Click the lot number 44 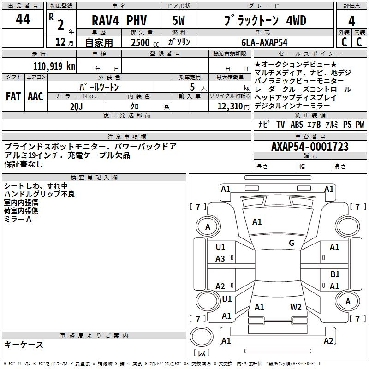[23, 20]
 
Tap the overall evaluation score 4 [352, 21]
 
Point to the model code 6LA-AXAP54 [264, 42]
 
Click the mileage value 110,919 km [54, 66]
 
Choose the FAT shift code [13, 96]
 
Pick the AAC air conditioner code [36, 96]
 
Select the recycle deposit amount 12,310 [230, 106]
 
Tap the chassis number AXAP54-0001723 [310, 147]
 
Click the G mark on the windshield [291, 243]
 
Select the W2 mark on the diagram [296, 307]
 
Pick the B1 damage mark [335, 274]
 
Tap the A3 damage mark [220, 259]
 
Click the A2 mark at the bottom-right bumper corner [328, 341]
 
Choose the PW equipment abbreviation [359, 125]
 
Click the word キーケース [24, 345]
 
